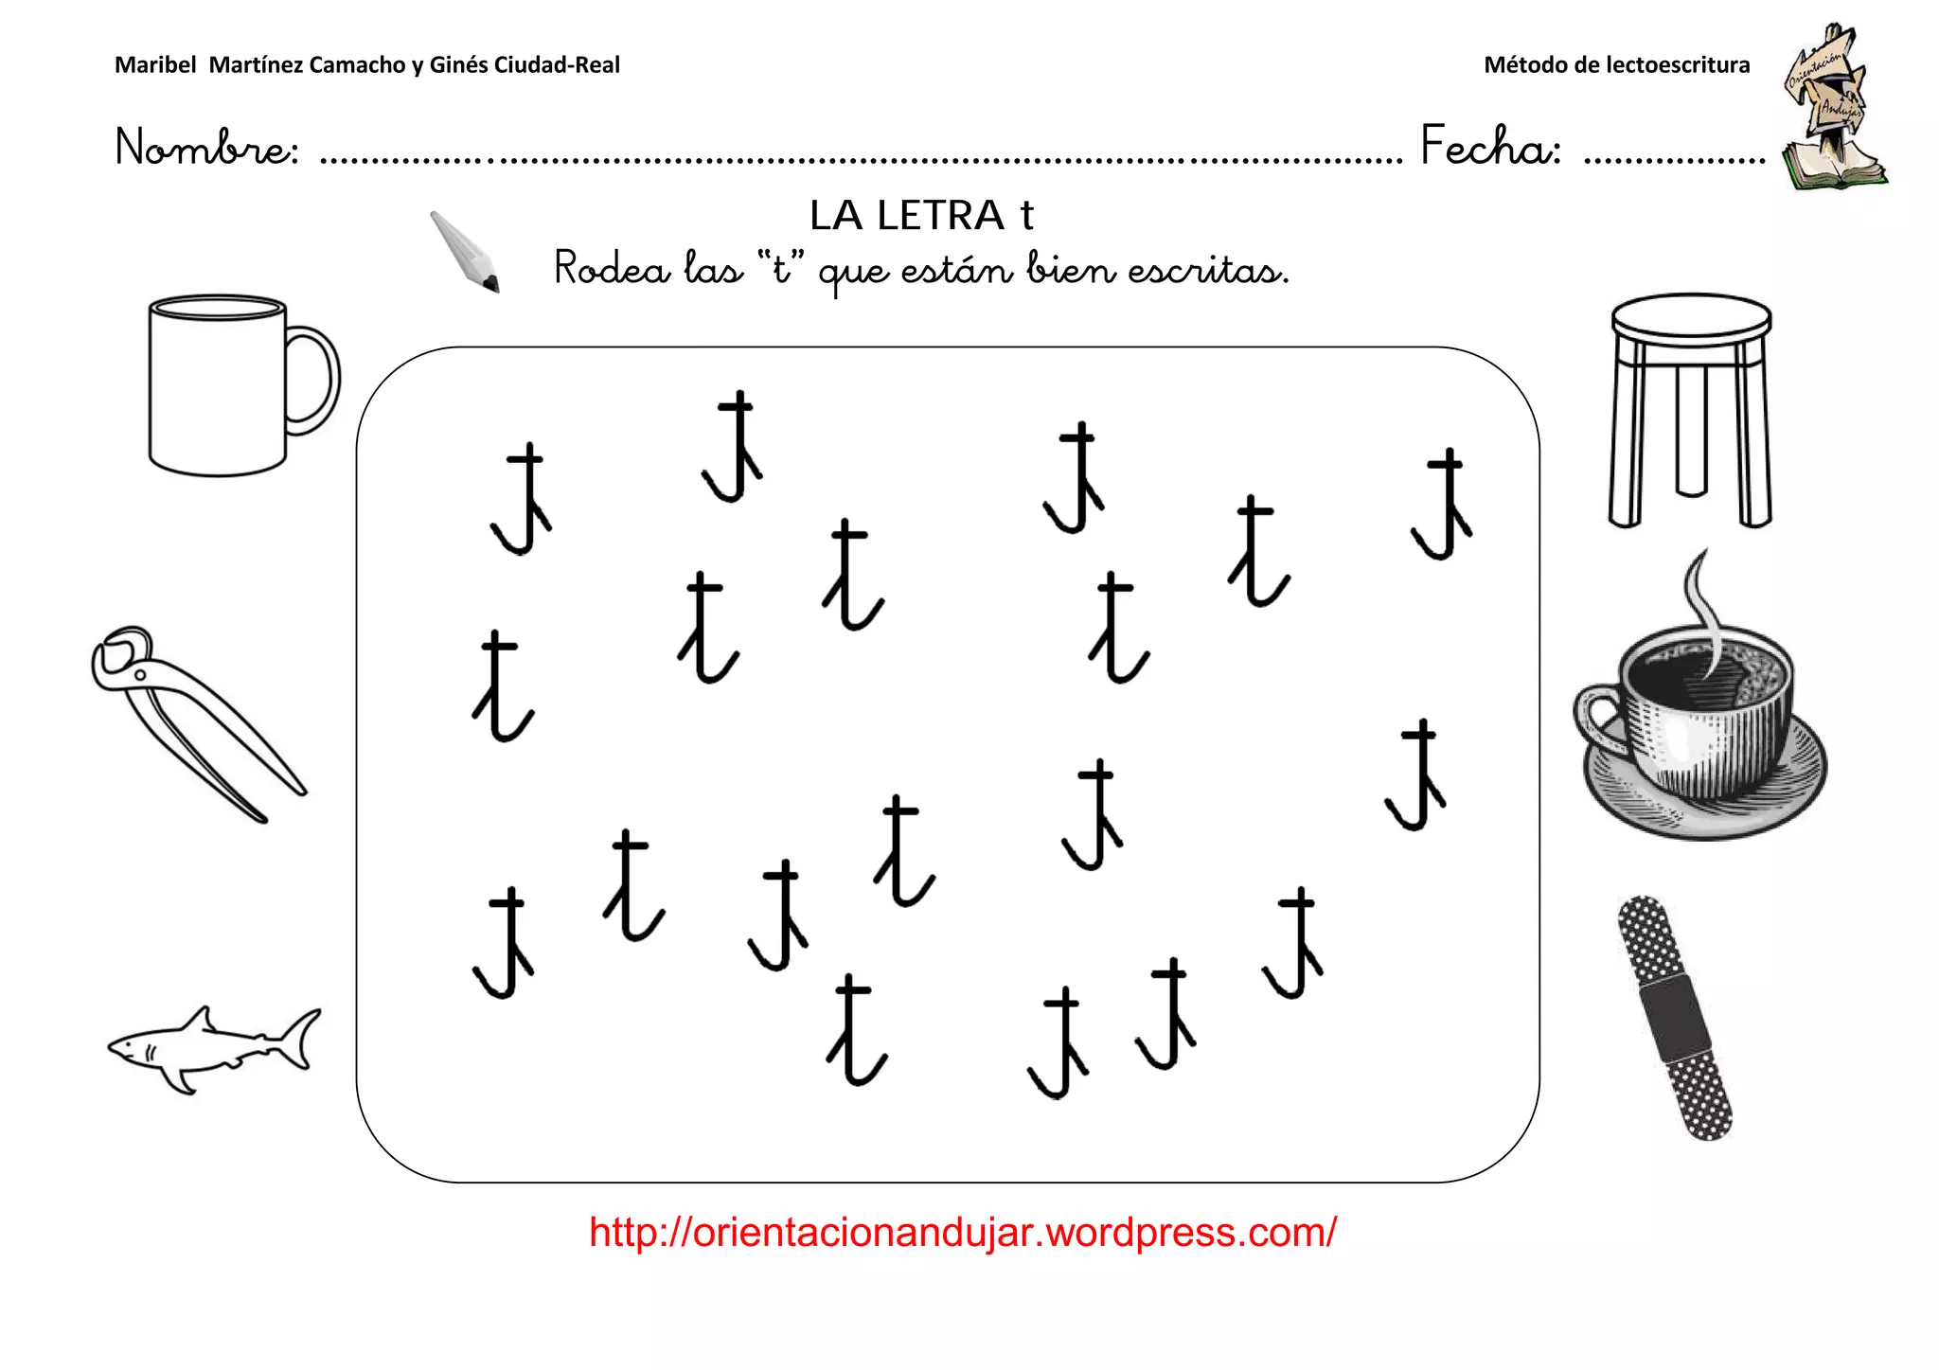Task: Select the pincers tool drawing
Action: click(194, 720)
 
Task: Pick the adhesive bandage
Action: click(1674, 1017)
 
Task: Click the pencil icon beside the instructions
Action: click(464, 251)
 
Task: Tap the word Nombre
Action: click(206, 148)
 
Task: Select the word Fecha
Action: click(1490, 148)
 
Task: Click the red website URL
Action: click(962, 1233)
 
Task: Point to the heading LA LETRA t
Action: click(921, 216)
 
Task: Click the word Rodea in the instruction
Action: click(612, 269)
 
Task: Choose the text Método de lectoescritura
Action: click(1616, 65)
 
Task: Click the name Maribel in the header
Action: click(155, 65)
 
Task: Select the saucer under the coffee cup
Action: click(1704, 805)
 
